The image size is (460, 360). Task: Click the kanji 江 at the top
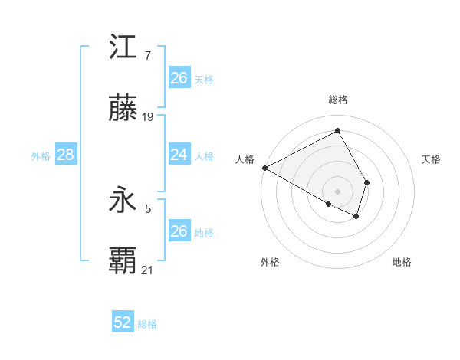tap(123, 49)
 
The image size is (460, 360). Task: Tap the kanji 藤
tap(123, 110)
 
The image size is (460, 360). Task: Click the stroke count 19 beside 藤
tap(149, 117)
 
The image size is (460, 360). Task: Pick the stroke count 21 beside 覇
tap(148, 270)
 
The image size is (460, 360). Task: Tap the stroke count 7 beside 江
tap(147, 56)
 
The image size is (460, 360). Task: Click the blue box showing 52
tap(123, 322)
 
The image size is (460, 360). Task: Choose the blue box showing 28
tap(66, 155)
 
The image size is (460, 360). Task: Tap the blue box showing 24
tap(179, 155)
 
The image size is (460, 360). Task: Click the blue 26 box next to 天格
tap(179, 78)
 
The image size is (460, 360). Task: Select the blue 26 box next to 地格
tap(179, 231)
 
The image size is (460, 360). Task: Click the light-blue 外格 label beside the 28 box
tap(41, 156)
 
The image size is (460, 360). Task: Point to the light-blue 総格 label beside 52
tap(147, 324)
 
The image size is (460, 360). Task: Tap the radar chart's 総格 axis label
tap(338, 100)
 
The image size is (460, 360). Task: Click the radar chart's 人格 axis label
tap(245, 159)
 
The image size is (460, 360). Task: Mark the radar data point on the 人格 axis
tap(264, 168)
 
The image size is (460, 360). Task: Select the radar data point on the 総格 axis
tap(338, 130)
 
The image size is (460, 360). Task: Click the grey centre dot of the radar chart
tap(338, 191)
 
